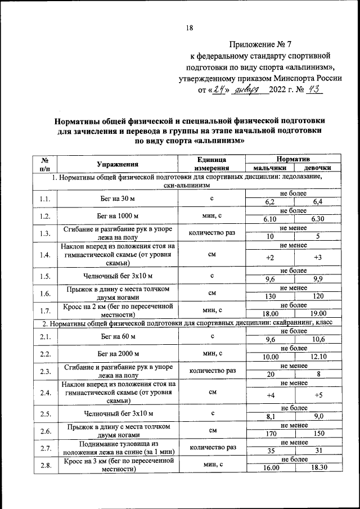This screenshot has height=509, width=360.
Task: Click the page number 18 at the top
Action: pos(190,28)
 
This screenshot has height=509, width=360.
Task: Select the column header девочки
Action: pos(317,168)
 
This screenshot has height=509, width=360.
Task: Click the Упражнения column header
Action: pos(118,164)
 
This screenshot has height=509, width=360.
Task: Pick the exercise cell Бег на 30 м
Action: pos(118,198)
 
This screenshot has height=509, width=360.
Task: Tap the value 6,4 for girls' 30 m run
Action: pos(317,202)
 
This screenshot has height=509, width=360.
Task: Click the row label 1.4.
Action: pos(45,255)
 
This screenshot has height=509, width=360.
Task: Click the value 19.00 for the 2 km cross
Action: pos(317,313)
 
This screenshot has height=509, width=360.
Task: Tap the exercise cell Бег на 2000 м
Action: pos(118,353)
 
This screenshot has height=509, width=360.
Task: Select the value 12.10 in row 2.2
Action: pos(317,357)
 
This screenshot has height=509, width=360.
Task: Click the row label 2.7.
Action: pos(45,447)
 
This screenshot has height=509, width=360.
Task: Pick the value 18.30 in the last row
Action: pos(317,469)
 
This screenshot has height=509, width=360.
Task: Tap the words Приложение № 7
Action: pos(260,43)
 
